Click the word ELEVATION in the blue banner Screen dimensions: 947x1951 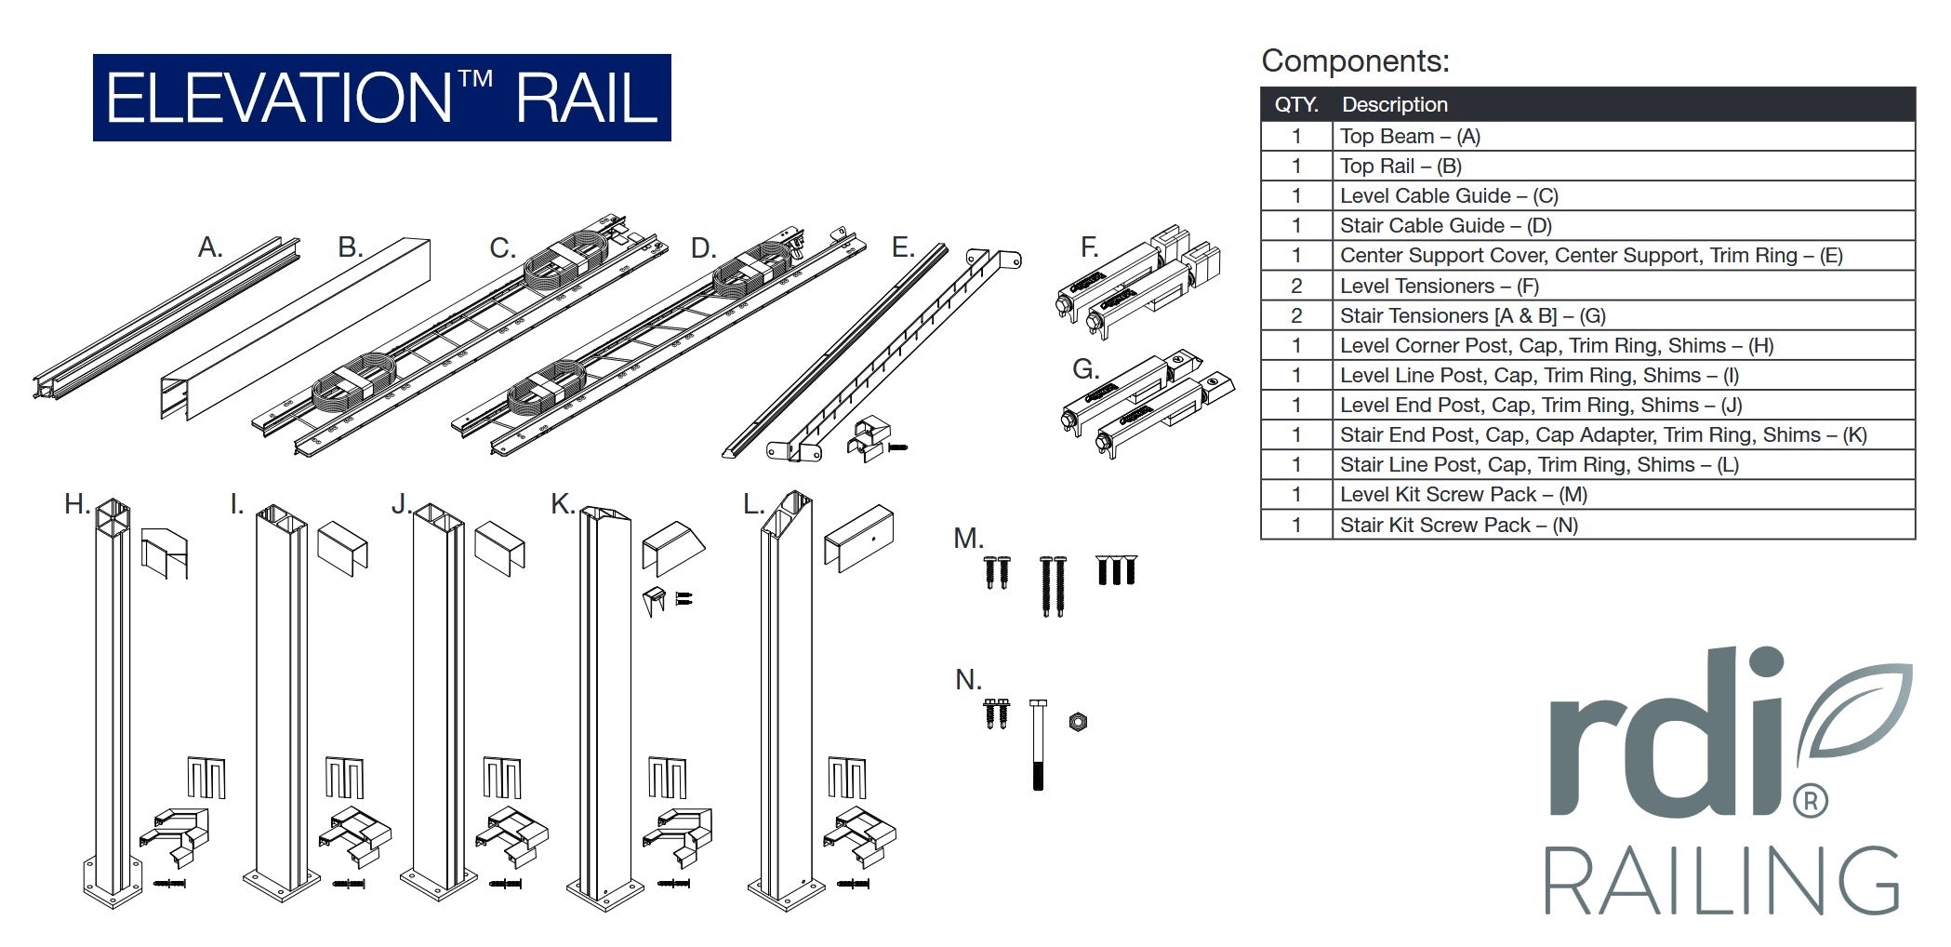(279, 99)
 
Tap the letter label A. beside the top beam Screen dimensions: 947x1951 (210, 247)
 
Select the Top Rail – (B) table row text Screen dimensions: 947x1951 (1400, 167)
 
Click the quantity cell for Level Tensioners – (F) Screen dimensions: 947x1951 (1296, 287)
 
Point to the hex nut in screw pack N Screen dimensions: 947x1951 (1078, 721)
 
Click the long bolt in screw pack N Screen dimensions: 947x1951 (1039, 744)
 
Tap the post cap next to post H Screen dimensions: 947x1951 (165, 553)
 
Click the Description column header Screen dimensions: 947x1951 (1394, 105)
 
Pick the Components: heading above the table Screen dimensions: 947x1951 (1355, 61)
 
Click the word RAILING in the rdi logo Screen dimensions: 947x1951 (1721, 881)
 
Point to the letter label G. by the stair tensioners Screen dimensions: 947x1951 (1085, 369)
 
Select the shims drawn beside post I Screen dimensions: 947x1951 (344, 778)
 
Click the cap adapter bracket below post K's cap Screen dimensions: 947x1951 (656, 600)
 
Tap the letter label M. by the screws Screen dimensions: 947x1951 (968, 539)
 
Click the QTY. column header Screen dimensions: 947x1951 (1296, 105)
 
